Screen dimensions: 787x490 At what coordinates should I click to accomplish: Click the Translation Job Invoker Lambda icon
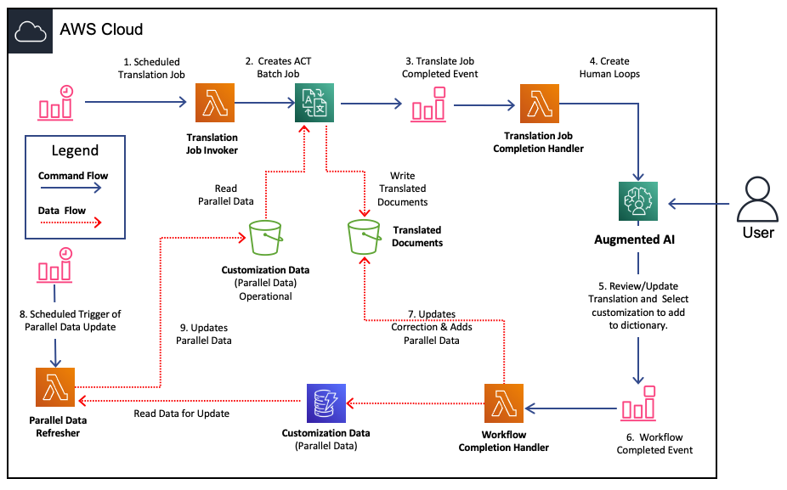click(215, 103)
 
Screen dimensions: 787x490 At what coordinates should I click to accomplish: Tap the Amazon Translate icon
click(314, 103)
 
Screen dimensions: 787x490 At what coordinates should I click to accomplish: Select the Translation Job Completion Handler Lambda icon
click(540, 104)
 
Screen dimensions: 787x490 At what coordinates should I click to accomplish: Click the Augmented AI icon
click(638, 201)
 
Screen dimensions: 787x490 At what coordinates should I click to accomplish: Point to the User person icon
click(757, 199)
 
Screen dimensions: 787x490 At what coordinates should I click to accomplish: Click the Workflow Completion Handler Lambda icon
click(504, 403)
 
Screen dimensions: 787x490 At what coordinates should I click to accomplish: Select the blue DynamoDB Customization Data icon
click(326, 403)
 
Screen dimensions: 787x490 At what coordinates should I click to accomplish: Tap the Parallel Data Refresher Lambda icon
click(55, 387)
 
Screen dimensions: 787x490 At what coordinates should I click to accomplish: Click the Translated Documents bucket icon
click(364, 237)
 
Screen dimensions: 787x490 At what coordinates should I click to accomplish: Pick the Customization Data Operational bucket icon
click(266, 238)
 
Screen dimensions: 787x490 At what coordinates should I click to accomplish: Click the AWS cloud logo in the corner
click(31, 31)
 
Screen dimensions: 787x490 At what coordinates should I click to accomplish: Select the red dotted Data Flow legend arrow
click(71, 222)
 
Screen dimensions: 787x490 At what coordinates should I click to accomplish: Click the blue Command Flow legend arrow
click(71, 188)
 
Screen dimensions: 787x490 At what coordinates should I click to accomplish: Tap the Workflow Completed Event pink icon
click(639, 403)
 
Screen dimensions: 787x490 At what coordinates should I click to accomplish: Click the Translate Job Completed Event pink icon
click(428, 104)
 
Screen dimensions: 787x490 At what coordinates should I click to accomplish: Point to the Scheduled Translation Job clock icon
click(56, 103)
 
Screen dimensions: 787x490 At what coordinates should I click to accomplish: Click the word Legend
click(75, 150)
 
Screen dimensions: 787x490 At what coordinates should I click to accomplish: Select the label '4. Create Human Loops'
click(609, 67)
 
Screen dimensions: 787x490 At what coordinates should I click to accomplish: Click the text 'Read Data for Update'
click(181, 414)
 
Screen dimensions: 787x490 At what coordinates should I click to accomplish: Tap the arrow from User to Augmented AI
click(699, 204)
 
